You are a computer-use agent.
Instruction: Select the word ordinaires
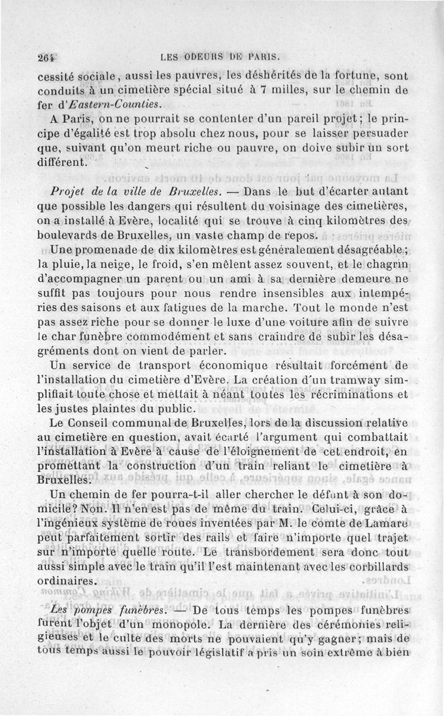point(67,580)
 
